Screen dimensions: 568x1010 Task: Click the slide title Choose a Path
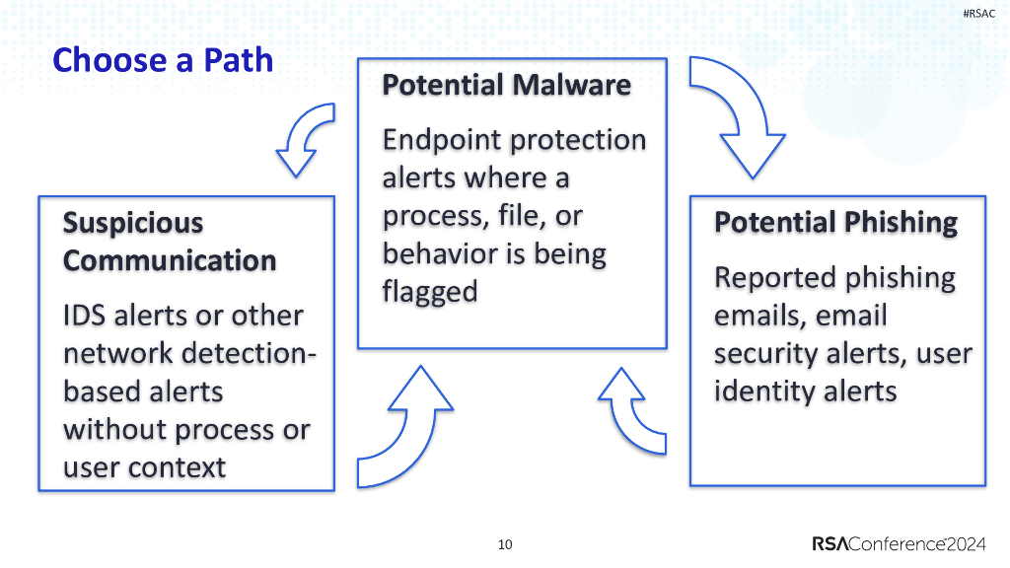(x=163, y=61)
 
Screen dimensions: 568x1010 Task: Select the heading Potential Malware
(x=506, y=86)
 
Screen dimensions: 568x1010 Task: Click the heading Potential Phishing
(x=835, y=223)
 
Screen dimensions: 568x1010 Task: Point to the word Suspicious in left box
(x=133, y=223)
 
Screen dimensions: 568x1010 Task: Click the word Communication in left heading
(x=170, y=261)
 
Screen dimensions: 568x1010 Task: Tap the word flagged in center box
(x=429, y=292)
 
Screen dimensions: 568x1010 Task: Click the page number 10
(x=505, y=544)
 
